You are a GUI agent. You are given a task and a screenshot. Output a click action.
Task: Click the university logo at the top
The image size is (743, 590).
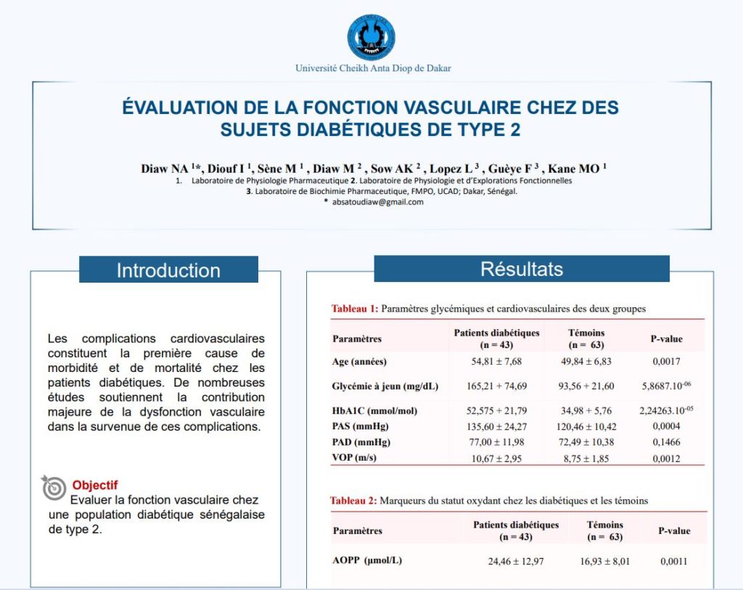pyautogui.click(x=372, y=37)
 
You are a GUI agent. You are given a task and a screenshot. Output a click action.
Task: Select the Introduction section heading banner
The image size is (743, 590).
pyautogui.click(x=168, y=270)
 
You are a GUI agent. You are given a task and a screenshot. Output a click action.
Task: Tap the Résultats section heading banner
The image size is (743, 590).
pyautogui.click(x=521, y=269)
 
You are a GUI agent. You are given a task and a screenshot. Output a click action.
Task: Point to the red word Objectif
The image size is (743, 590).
pyautogui.click(x=94, y=485)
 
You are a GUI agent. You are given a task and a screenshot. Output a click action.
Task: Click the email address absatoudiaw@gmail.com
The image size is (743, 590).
pyautogui.click(x=377, y=202)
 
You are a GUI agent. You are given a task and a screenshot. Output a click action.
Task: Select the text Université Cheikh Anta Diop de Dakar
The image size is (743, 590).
pyautogui.click(x=373, y=68)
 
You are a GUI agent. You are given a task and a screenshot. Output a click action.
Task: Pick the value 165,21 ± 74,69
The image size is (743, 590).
pyautogui.click(x=497, y=386)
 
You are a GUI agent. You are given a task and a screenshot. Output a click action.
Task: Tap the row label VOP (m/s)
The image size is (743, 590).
pyautogui.click(x=356, y=458)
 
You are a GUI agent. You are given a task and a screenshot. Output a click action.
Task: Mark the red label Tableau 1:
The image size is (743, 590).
pyautogui.click(x=354, y=309)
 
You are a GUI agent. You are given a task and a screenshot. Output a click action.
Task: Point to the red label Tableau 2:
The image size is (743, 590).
pyautogui.click(x=353, y=501)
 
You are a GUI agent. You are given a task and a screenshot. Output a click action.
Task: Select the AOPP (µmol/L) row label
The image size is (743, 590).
pyautogui.click(x=367, y=561)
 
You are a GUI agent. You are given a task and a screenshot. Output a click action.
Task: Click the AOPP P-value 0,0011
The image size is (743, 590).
pyautogui.click(x=674, y=561)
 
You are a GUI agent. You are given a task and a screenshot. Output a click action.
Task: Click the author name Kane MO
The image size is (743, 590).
pyautogui.click(x=576, y=169)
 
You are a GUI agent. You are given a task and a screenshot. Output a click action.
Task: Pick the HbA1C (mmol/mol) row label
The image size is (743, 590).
pyautogui.click(x=374, y=411)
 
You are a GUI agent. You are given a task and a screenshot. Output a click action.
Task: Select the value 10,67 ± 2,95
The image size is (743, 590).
pyautogui.click(x=497, y=458)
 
